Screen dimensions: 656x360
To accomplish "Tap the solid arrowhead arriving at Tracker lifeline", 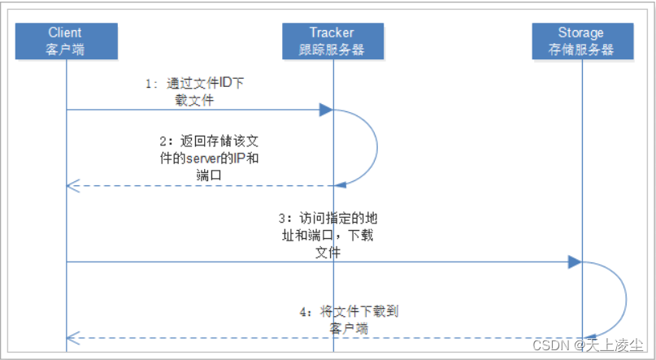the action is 326,110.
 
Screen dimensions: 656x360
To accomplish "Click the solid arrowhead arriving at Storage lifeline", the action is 575,262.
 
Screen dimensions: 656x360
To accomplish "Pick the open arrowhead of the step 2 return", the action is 72,186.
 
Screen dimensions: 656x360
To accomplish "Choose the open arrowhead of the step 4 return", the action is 72,337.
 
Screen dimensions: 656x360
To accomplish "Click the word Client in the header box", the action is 65,33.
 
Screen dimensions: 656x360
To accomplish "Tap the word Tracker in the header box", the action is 332,33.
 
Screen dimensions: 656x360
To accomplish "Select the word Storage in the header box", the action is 581,33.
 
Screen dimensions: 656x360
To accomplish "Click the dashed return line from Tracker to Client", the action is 203,186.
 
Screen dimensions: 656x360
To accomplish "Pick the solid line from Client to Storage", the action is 325,262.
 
